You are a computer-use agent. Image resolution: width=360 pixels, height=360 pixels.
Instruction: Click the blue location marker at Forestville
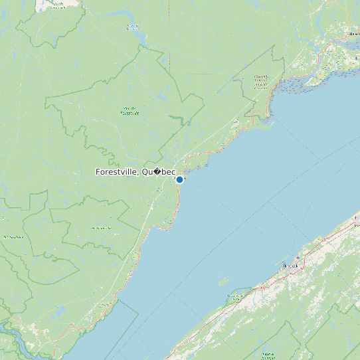point(179,179)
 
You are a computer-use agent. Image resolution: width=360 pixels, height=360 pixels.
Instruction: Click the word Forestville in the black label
point(116,172)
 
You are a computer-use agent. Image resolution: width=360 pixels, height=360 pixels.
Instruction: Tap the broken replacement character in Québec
point(157,172)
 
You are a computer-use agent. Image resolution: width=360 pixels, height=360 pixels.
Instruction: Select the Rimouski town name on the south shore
point(291,266)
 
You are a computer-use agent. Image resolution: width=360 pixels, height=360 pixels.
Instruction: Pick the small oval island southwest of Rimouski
point(224,281)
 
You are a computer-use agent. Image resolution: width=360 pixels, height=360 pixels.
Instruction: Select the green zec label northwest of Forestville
point(130,111)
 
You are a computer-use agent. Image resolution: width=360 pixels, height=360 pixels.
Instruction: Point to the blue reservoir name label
point(133,27)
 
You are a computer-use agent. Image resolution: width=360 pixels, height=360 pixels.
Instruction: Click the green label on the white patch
point(58,5)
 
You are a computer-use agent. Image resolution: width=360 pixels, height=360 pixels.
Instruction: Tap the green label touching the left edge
point(11,236)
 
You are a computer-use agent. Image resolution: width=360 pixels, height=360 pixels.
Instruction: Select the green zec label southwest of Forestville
point(101,228)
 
